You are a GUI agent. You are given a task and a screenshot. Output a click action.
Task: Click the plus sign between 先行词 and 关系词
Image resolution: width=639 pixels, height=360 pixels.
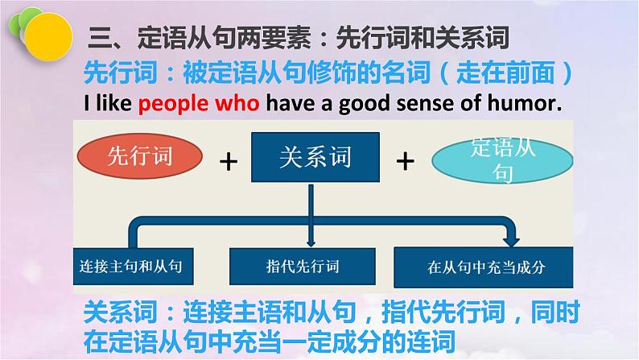click(230, 161)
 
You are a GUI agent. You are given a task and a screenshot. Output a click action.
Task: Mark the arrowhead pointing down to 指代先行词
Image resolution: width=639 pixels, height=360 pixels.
click(310, 240)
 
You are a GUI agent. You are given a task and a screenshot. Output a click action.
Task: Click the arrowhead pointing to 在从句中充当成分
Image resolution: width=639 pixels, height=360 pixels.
click(511, 239)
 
